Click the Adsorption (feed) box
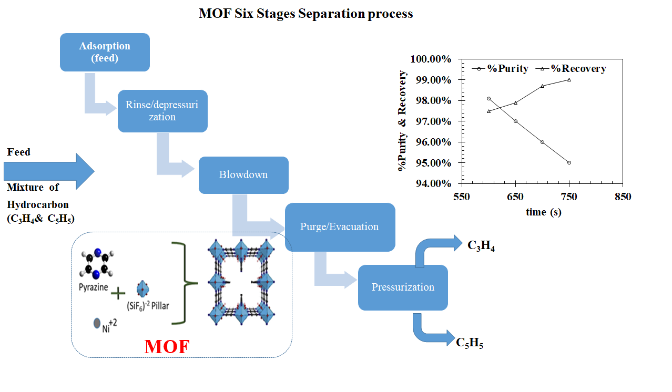point(105,52)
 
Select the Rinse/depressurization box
point(162,111)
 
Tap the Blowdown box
point(243,175)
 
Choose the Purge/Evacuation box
point(339,227)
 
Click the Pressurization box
point(403,287)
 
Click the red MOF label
point(167,346)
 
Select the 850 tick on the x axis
point(622,197)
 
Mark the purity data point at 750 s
point(569,163)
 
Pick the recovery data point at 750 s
point(569,80)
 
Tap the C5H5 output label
point(470,343)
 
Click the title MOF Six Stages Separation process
point(306,14)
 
